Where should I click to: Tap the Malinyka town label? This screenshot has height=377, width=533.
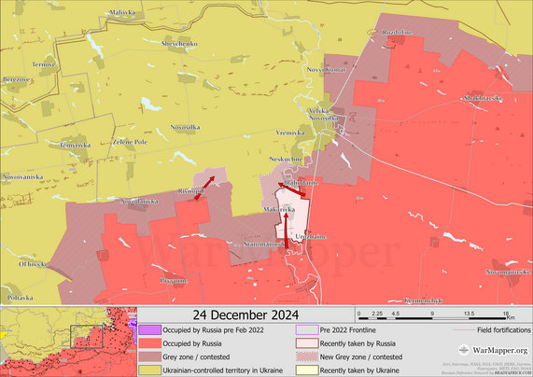tap(121, 11)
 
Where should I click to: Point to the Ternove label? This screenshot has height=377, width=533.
tap(44, 64)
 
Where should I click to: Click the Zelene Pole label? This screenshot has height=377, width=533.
tap(130, 142)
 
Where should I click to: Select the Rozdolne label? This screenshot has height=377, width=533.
tap(397, 32)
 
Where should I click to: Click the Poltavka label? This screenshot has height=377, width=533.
tap(20, 297)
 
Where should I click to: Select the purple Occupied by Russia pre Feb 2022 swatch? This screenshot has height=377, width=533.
tap(148, 329)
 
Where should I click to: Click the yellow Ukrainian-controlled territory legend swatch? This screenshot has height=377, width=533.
tap(148, 370)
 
